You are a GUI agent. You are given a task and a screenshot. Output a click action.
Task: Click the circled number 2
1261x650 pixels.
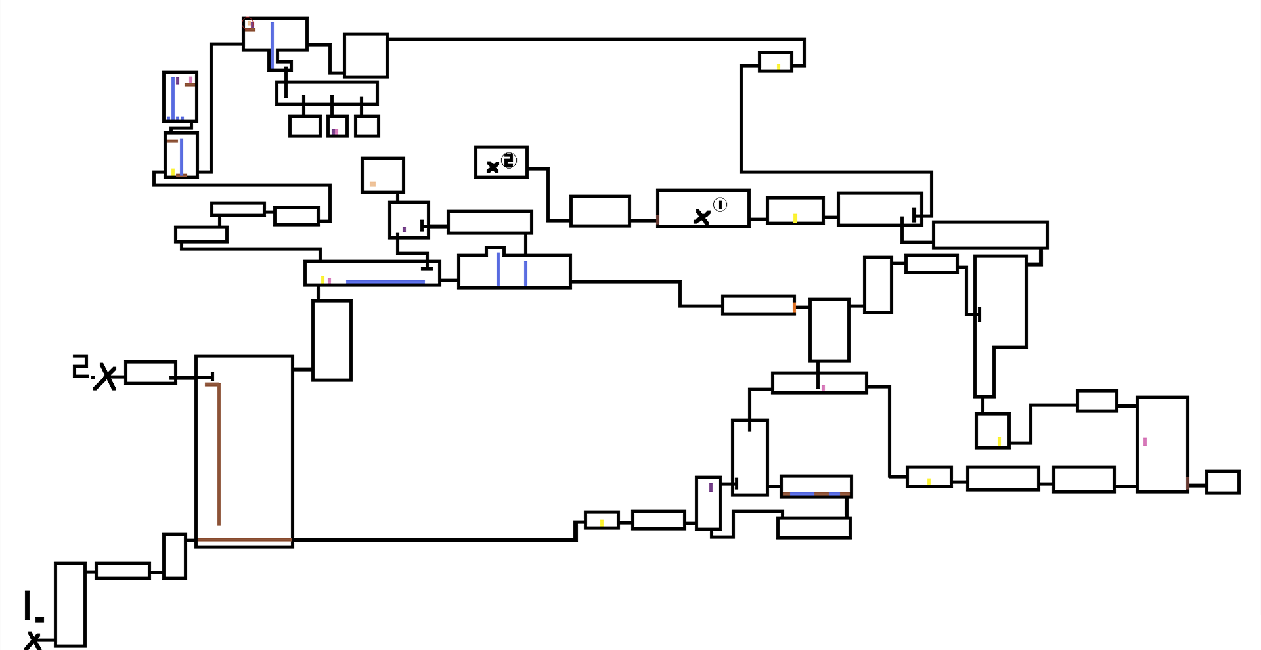509,160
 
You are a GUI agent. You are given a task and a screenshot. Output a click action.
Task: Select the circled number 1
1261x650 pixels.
720,205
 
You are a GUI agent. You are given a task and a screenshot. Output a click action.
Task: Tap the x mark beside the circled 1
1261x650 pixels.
702,217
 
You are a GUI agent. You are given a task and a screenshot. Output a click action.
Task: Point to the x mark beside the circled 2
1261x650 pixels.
493,167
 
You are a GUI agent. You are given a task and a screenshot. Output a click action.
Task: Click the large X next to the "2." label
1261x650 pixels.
105,378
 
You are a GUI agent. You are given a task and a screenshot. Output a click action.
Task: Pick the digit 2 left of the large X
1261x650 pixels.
80,366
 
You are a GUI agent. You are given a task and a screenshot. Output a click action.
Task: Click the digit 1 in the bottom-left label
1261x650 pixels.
28,605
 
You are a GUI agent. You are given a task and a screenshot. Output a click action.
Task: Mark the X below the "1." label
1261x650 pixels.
33,640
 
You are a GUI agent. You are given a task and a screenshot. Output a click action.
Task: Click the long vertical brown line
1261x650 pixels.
219,454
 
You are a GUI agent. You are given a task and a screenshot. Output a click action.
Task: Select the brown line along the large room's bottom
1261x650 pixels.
244,540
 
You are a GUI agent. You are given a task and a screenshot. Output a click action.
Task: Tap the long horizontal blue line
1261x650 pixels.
385,282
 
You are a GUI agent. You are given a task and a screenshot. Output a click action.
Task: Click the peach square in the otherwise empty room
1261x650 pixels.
372,184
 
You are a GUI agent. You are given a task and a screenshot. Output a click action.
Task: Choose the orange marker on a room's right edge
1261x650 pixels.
794,307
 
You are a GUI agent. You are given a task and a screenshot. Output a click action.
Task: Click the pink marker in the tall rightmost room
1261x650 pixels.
1145,442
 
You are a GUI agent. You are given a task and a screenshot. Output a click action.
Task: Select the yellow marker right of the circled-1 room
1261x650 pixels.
795,218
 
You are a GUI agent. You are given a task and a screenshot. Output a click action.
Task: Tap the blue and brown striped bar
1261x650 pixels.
816,494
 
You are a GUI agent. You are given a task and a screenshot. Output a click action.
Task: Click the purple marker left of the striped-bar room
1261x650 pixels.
711,488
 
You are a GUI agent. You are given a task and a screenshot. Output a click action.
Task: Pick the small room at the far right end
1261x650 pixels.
1223,482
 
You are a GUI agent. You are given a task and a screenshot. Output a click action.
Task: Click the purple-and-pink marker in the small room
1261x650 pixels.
335,132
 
